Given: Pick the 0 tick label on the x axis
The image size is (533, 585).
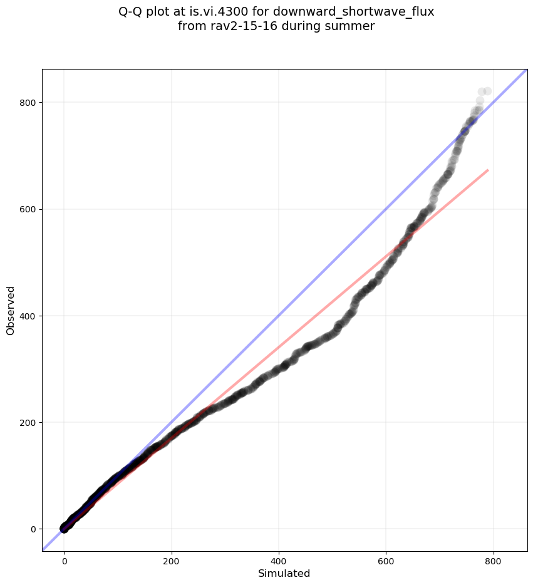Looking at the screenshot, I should click(x=64, y=559).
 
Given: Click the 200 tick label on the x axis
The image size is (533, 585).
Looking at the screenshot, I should click(x=172, y=559).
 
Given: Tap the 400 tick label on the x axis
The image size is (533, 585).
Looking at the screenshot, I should click(x=279, y=559).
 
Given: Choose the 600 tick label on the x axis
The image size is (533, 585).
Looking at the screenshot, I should click(x=386, y=559).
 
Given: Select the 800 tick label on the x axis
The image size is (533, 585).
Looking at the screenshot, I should click(x=494, y=559).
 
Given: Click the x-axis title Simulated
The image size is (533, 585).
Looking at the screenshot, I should click(x=284, y=573).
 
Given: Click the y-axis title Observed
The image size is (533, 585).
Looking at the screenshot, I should click(x=11, y=310).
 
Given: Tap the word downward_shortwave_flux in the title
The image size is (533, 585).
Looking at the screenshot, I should click(x=353, y=12).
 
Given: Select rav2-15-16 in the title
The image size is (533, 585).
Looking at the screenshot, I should click(x=237, y=26).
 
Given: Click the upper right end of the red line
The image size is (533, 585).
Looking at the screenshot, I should click(x=488, y=170).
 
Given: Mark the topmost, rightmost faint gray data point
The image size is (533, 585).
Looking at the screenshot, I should click(x=487, y=91).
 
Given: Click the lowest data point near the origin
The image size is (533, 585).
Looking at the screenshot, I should click(x=64, y=529).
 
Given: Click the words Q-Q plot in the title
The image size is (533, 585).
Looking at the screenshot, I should click(x=145, y=12).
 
